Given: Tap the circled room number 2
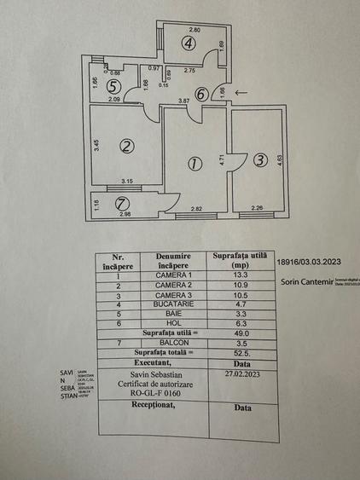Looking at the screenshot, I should point(126,146).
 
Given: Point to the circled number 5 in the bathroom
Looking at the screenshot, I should point(112,86).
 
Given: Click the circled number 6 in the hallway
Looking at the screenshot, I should point(200,95).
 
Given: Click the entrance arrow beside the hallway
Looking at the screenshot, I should point(241,91).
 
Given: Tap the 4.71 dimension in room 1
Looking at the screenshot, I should point(221,159).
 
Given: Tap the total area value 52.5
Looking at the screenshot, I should point(241,351).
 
